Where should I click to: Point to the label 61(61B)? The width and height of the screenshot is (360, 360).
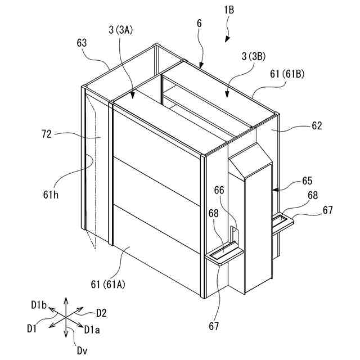pos(288,75)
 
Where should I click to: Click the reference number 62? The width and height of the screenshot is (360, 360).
pos(317,126)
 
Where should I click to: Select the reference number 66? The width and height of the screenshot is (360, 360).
pos(219,190)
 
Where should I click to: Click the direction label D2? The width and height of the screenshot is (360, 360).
pos(101,313)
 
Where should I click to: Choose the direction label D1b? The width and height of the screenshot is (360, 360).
pos(38,304)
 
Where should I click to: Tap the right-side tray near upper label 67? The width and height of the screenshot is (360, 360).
pos(283,220)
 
